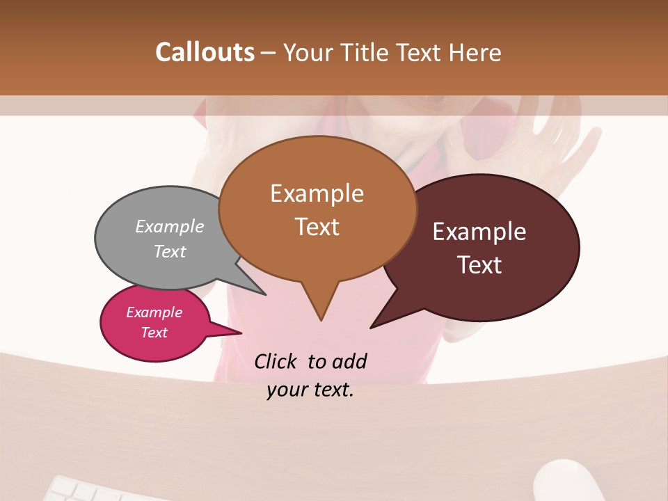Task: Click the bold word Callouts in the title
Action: [x=205, y=52]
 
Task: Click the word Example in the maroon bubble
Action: [x=479, y=232]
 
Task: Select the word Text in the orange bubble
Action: [x=317, y=227]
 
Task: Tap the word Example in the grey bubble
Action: [x=170, y=226]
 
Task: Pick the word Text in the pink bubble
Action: [x=154, y=333]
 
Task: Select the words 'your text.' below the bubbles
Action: [x=310, y=390]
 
